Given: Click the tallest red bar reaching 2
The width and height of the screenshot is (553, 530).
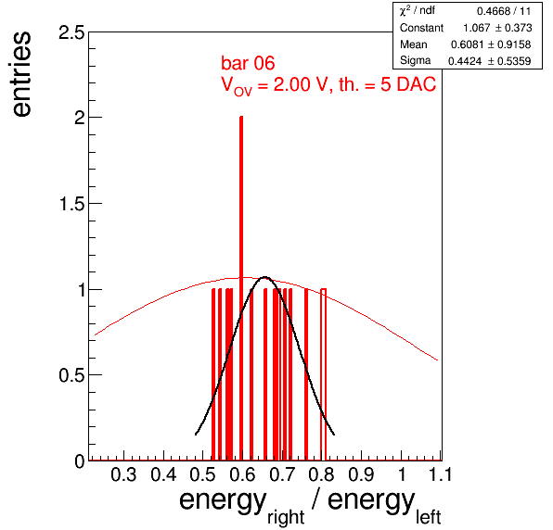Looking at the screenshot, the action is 241,288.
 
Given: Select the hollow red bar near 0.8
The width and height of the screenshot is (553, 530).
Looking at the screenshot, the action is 324,374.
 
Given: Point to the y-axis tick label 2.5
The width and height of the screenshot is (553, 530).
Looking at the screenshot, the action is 72,33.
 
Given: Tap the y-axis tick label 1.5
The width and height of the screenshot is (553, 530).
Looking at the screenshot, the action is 72,204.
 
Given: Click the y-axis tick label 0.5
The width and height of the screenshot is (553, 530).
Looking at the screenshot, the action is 72,375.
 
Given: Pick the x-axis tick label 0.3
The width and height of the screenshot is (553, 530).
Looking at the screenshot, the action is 123,474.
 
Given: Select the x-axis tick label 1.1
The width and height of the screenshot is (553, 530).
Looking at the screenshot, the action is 440,474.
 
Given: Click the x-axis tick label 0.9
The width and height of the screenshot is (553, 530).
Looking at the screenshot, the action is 361,474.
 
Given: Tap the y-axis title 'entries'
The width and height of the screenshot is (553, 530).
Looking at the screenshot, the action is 21,74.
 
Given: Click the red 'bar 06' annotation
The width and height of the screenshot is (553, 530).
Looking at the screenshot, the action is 248,63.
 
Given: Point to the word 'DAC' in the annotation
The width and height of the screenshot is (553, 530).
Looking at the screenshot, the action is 417,84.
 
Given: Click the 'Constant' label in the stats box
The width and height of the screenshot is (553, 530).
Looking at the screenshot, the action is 421,28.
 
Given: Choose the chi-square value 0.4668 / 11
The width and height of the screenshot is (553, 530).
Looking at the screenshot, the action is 504,11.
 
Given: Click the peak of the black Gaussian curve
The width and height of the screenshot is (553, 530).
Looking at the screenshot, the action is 264,277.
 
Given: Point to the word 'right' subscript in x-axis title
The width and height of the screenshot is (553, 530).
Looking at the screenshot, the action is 286,518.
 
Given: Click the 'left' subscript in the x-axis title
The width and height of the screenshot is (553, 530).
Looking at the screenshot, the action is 428,517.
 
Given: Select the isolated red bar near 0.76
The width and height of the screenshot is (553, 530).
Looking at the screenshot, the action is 306,374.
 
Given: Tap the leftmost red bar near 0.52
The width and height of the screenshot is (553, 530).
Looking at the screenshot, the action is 213,374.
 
